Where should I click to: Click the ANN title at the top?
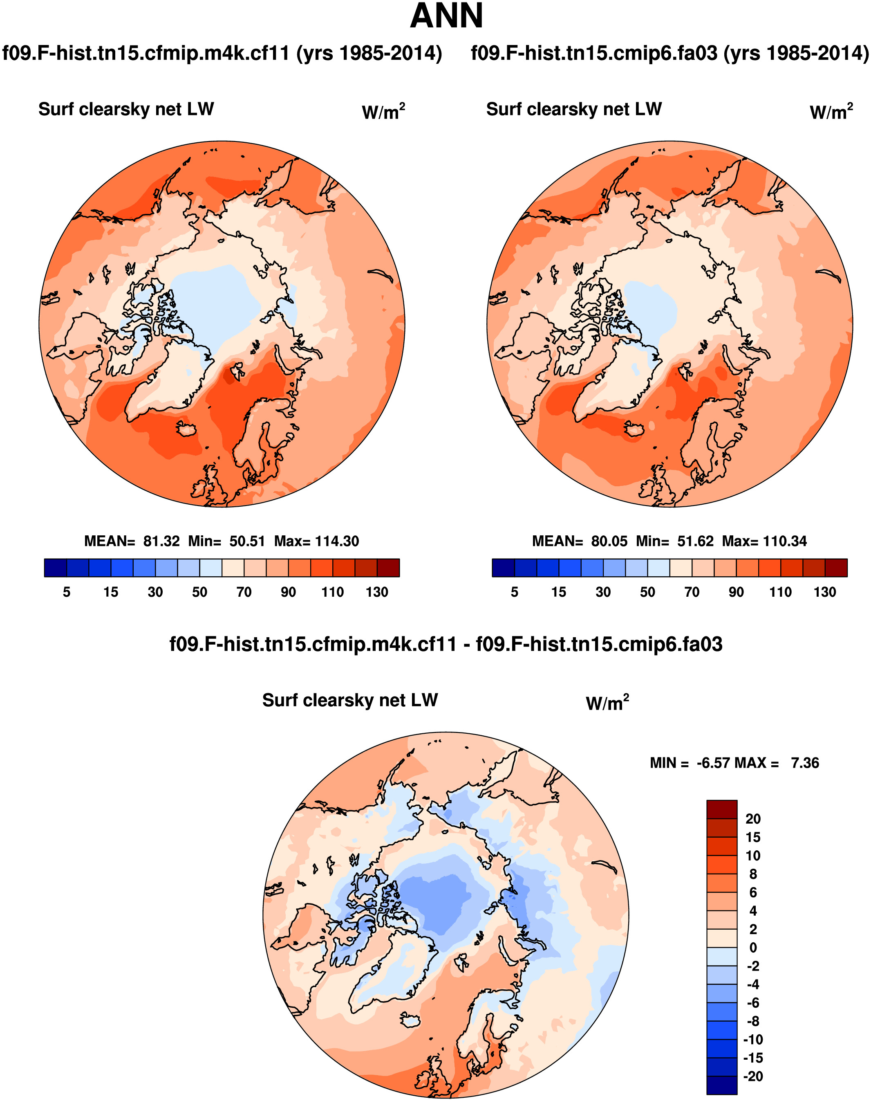click(446, 16)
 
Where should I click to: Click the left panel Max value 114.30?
click(337, 542)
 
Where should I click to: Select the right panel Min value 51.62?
click(695, 542)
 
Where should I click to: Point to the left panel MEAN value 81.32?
click(161, 542)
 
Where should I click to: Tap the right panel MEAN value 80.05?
click(609, 542)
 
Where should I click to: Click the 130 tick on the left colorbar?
click(377, 592)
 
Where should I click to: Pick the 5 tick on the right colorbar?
click(515, 592)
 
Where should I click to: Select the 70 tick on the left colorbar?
click(244, 592)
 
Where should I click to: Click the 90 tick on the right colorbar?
click(736, 592)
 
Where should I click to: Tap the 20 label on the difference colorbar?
click(753, 819)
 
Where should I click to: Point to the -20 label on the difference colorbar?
click(753, 1076)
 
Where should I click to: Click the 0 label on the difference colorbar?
click(753, 948)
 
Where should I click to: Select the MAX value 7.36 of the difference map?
click(805, 763)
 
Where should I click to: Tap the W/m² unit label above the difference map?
click(607, 703)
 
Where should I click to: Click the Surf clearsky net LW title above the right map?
click(574, 109)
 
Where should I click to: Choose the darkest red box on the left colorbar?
click(388, 568)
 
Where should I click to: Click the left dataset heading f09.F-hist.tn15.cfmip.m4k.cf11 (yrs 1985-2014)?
click(222, 53)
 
